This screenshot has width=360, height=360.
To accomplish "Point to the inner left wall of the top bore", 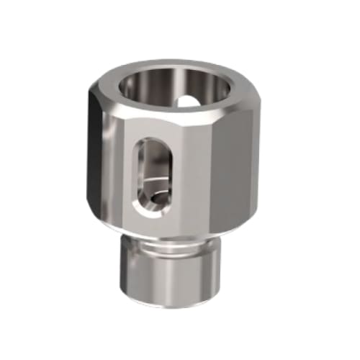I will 130,86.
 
